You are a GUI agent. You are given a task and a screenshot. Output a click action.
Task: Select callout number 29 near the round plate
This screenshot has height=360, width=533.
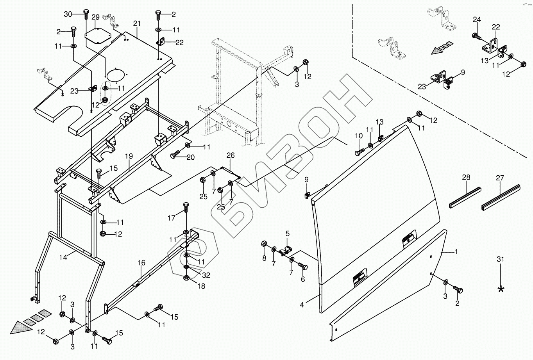[x=96, y=18]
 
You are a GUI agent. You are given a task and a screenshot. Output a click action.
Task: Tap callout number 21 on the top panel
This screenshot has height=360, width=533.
[x=136, y=24]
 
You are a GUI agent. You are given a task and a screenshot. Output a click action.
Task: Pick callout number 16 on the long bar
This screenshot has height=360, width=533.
[x=141, y=264]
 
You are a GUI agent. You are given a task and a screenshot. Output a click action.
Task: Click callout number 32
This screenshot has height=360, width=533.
[x=206, y=275]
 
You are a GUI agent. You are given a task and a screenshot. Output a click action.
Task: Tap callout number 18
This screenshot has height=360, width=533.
[x=201, y=286]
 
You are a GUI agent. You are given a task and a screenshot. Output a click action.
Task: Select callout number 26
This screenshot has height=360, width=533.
[x=231, y=155]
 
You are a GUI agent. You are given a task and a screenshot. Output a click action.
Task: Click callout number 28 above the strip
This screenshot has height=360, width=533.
[x=466, y=178]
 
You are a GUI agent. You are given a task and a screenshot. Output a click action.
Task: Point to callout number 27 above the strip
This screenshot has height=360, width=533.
[x=500, y=178]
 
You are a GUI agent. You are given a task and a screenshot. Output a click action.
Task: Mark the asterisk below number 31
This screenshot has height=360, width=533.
[x=501, y=289]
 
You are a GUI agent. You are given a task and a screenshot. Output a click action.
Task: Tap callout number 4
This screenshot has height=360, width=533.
[x=302, y=305]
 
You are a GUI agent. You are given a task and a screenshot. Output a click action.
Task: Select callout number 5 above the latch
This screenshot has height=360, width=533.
[x=287, y=234]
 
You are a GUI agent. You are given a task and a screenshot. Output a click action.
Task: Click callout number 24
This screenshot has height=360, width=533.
[x=477, y=19]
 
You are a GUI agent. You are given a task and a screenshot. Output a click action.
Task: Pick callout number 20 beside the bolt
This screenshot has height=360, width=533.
[x=190, y=157]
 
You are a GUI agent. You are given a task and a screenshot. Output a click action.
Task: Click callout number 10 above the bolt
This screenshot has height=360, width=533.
[x=359, y=136]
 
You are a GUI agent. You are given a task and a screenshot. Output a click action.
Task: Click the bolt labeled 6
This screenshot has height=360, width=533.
[x=302, y=266]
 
